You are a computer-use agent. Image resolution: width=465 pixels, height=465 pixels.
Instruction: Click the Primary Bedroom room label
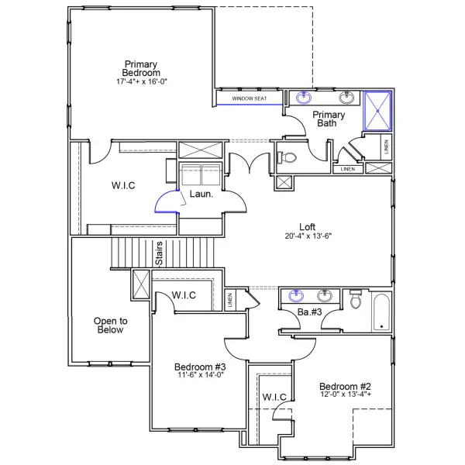pyautogui.click(x=141, y=68)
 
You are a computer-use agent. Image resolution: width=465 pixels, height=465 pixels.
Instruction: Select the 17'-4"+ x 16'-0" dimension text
pyautogui.click(x=141, y=81)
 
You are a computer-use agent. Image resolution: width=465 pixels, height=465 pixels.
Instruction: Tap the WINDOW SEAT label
pyautogui.click(x=248, y=98)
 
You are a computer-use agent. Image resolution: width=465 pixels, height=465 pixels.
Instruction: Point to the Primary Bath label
pyautogui.click(x=329, y=119)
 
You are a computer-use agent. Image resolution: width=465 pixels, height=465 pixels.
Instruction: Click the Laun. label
pyautogui.click(x=203, y=195)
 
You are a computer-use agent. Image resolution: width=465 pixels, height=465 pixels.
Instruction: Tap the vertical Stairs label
pyautogui.click(x=158, y=254)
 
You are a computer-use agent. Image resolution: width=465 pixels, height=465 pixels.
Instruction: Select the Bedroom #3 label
pyautogui.click(x=199, y=367)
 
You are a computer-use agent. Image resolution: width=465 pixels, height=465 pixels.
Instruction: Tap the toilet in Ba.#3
pyautogui.click(x=356, y=299)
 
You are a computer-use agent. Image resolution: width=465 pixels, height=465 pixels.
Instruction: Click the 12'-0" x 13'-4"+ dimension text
pyautogui.click(x=346, y=395)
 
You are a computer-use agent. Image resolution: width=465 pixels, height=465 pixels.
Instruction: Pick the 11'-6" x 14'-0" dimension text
pyautogui.click(x=199, y=376)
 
